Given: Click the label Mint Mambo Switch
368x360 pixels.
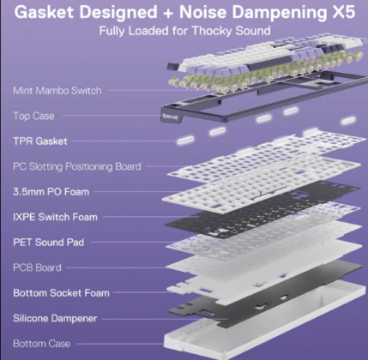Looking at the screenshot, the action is [x=57, y=91].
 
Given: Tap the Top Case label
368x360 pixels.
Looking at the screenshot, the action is [x=33, y=116].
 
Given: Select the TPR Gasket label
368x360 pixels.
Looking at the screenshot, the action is [x=40, y=141].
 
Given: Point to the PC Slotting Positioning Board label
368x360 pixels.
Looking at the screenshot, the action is [x=77, y=166].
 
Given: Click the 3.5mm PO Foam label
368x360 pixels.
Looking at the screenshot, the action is [x=51, y=192].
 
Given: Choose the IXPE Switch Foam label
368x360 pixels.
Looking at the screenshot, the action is [x=55, y=217].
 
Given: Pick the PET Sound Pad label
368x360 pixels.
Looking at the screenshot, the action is [x=49, y=243].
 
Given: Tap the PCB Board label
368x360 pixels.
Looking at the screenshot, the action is [x=37, y=267].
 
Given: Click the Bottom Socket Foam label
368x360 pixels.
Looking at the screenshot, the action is [x=61, y=293].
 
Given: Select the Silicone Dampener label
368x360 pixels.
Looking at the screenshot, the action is [x=55, y=318].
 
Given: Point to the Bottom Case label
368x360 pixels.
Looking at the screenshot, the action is [x=42, y=344].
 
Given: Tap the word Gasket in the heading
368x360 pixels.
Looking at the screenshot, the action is [x=44, y=12].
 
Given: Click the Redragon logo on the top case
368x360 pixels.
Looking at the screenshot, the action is [x=172, y=117].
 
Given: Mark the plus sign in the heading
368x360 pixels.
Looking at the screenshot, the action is [x=168, y=13].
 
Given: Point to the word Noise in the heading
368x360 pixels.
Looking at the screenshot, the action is [x=202, y=12].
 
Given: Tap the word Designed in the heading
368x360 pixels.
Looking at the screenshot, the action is [x=118, y=13].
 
